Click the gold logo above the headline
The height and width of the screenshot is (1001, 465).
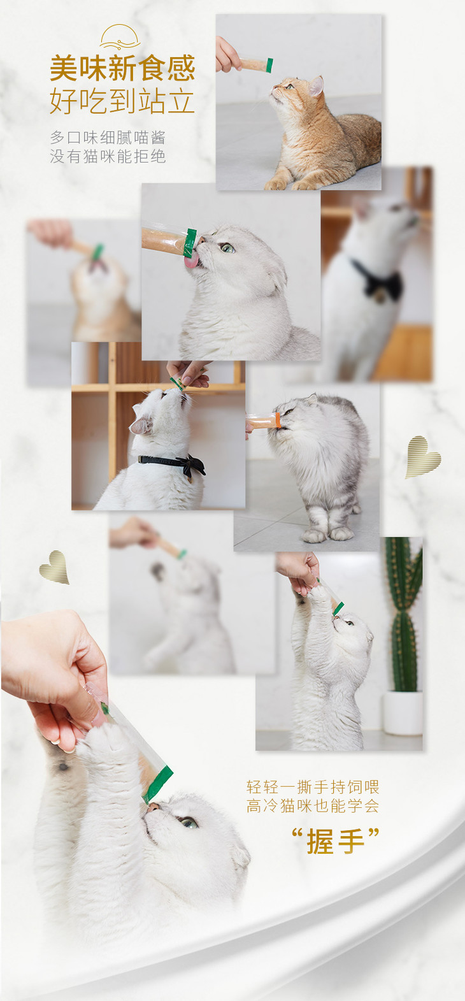[x=120, y=37]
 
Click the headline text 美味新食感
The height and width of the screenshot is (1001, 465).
[x=122, y=68]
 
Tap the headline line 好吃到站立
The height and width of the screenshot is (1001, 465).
[x=122, y=101]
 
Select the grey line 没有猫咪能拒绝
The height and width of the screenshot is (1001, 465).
[x=108, y=156]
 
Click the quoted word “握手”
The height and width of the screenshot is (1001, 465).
[x=335, y=841]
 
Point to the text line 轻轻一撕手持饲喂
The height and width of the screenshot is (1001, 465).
[x=313, y=786]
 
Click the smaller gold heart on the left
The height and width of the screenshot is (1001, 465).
[x=54, y=567]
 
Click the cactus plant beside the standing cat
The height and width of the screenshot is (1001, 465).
[x=403, y=614]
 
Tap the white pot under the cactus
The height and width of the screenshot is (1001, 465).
[x=403, y=713]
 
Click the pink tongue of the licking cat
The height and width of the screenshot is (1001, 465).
[x=190, y=261]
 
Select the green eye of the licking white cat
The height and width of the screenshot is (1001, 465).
[x=227, y=248]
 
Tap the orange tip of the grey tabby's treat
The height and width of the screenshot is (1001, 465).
[x=278, y=421]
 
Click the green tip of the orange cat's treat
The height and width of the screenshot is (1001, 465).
[x=269, y=65]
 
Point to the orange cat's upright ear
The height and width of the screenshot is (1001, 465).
[x=316, y=85]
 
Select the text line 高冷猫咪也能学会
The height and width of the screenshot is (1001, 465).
[x=313, y=806]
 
